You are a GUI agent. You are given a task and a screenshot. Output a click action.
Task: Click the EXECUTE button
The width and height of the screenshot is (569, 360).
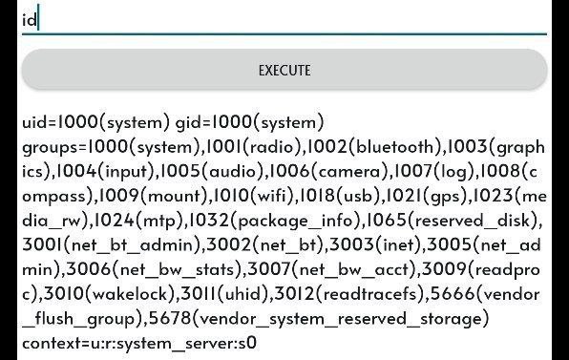(284, 70)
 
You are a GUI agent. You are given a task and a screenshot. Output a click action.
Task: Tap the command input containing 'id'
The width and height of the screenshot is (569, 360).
(284, 19)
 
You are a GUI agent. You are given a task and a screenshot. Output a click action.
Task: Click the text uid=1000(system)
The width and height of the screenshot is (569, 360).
(95, 122)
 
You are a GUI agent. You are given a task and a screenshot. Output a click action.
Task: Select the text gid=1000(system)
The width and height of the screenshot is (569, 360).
(250, 122)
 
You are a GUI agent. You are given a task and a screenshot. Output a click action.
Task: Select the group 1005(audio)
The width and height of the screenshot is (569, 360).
(212, 171)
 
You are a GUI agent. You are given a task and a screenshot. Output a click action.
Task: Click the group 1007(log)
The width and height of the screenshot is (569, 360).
(433, 171)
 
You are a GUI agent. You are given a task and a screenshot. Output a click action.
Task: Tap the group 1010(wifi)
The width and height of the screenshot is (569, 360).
(253, 196)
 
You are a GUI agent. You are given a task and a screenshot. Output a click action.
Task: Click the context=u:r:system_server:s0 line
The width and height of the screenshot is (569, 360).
(139, 343)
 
